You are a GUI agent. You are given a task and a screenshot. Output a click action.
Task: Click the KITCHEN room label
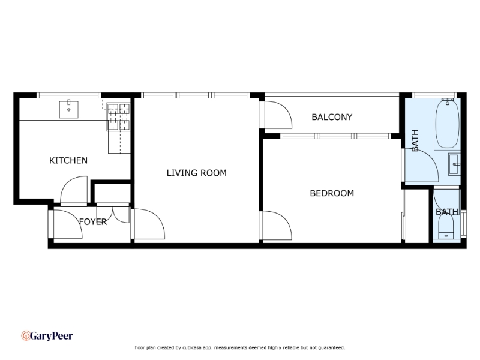pos(68,160)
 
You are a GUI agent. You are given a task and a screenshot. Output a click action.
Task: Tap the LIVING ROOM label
pos(197,173)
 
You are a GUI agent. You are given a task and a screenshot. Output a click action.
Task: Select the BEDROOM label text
pos(332,193)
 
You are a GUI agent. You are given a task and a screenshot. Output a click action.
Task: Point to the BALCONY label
pos(332,117)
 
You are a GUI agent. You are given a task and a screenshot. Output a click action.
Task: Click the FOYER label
pos(93,221)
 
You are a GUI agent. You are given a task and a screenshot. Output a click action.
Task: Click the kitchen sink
pos(68,109)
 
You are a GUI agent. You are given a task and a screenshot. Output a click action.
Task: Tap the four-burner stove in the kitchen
pos(118,117)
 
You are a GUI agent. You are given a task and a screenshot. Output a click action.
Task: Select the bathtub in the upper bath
pos(448,124)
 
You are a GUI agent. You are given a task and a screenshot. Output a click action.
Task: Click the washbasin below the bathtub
pos(454,164)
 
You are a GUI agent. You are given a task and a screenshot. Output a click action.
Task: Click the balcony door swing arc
pos(277,115)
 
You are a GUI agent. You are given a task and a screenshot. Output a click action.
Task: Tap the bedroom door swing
pos(277,225)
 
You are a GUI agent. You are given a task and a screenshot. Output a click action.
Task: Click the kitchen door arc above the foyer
pos(74,189)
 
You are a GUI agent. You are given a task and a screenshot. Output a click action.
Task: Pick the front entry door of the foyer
pos(68,224)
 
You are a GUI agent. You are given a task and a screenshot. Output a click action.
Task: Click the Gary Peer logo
pos(47,336)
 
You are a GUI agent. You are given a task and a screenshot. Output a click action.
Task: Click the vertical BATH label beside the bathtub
pos(415,140)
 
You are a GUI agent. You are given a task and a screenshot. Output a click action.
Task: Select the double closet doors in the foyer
pos(113,214)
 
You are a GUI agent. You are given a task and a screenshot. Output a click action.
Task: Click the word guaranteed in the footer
pos(332,347)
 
